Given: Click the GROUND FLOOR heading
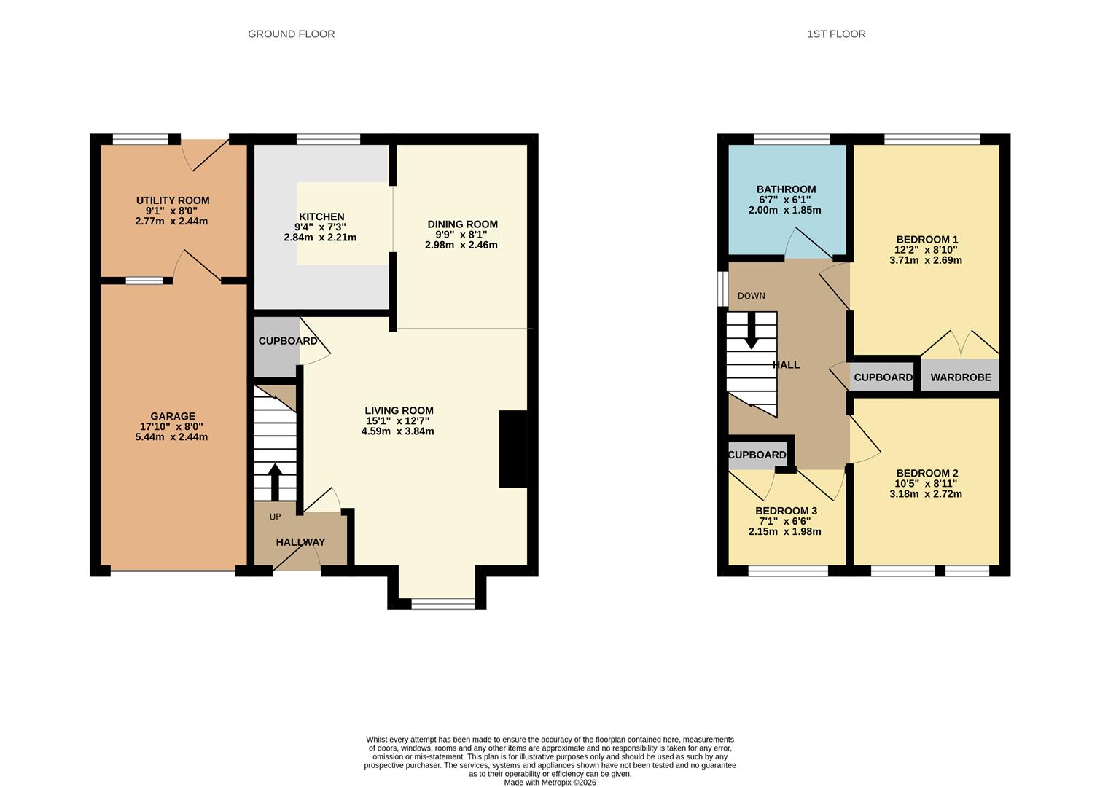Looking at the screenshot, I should tap(291, 34).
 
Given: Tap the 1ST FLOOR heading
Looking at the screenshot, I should tap(836, 34).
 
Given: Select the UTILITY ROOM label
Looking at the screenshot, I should tap(173, 200).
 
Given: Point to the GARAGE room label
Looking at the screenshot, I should tap(173, 416).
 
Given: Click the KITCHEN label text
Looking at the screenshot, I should tap(321, 216).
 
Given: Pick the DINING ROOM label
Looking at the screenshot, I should tap(462, 224).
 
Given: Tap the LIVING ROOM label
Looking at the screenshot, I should tap(399, 410).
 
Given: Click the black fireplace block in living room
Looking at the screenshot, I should tap(512, 449).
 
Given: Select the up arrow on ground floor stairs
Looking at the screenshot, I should tap(275, 482).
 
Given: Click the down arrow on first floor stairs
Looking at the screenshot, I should tap(751, 332).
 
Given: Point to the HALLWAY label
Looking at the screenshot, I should tap(300, 542).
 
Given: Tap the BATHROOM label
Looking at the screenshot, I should tap(786, 189).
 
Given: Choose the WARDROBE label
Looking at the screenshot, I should tap(961, 377).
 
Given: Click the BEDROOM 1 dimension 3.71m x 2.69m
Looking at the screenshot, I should tap(926, 260).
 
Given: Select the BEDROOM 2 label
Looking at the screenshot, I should tap(927, 473).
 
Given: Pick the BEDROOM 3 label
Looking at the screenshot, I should tap(786, 511).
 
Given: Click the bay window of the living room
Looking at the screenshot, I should tap(442, 603).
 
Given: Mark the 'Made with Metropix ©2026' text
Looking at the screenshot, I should tap(550, 783).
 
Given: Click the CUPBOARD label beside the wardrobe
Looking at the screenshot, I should tap(883, 377).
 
